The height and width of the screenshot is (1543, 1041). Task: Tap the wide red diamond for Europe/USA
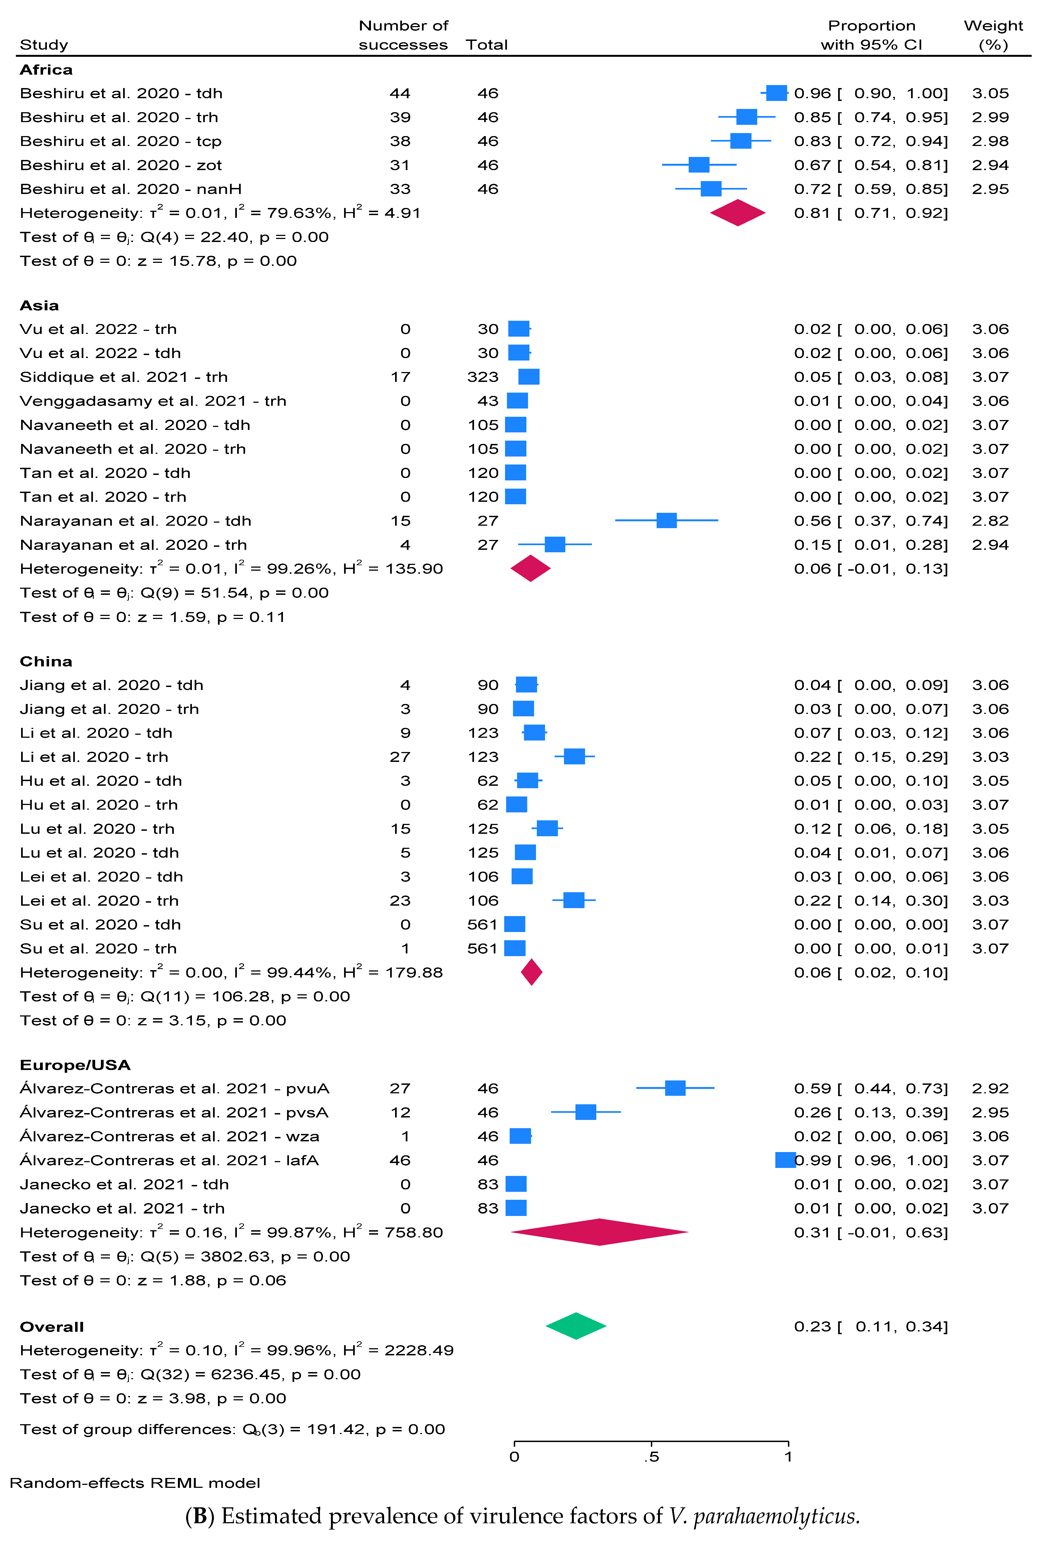599,1232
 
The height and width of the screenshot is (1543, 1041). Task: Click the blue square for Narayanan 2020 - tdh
666,520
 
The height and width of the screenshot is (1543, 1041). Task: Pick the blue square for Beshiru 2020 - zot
699,165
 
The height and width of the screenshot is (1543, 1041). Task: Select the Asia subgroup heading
39,305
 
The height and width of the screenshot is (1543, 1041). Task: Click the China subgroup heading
46,661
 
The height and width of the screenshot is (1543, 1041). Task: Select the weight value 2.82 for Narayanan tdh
990,520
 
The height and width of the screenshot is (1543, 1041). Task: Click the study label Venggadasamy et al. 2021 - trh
153,401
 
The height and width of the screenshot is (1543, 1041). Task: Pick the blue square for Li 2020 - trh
574,756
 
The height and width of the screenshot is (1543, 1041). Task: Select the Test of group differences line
232,1429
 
